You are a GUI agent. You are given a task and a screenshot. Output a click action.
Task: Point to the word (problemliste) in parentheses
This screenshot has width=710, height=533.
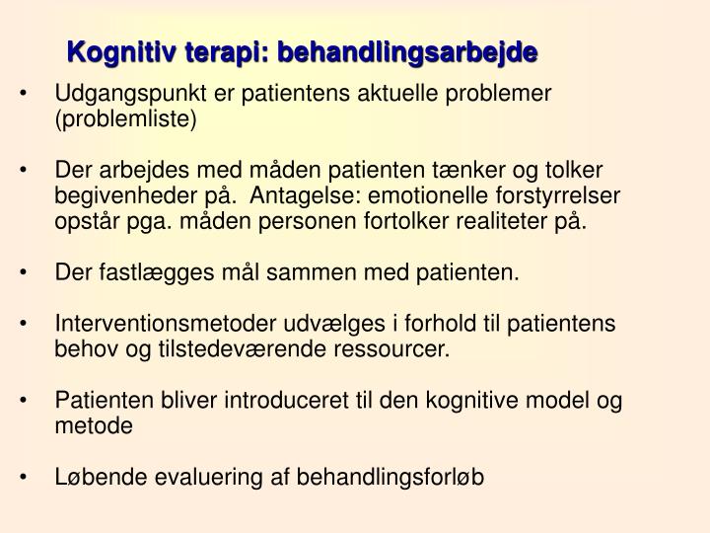(x=126, y=119)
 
